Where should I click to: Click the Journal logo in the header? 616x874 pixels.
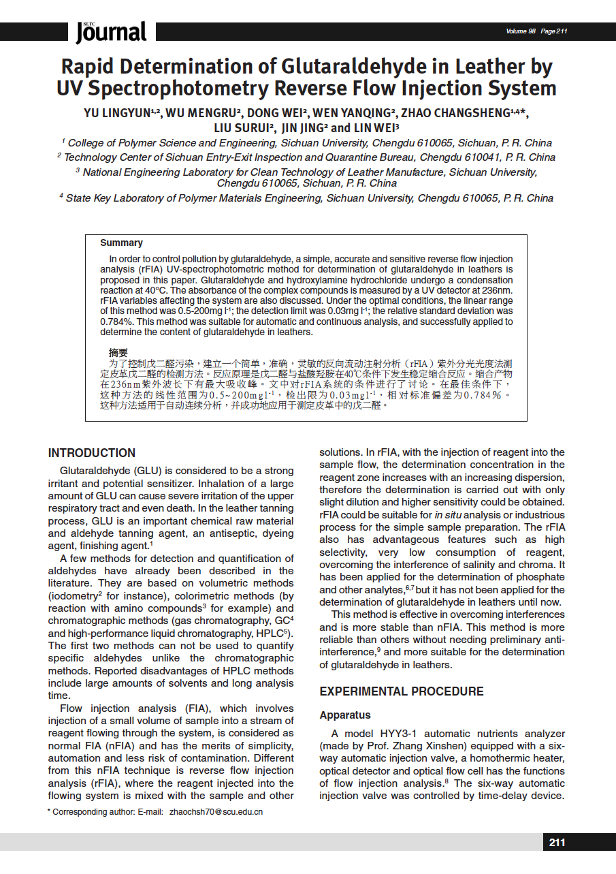click(111, 31)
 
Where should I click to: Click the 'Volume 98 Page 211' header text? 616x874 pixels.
click(536, 31)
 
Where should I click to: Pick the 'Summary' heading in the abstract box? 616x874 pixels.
click(121, 243)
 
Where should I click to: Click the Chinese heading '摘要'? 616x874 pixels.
click(118, 353)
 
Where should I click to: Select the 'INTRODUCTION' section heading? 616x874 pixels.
click(91, 453)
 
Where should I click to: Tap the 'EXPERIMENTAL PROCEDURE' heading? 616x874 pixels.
click(402, 691)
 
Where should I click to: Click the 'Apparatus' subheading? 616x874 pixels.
click(345, 715)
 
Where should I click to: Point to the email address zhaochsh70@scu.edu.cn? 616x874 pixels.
click(216, 812)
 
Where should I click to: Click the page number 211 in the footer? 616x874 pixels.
click(557, 843)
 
